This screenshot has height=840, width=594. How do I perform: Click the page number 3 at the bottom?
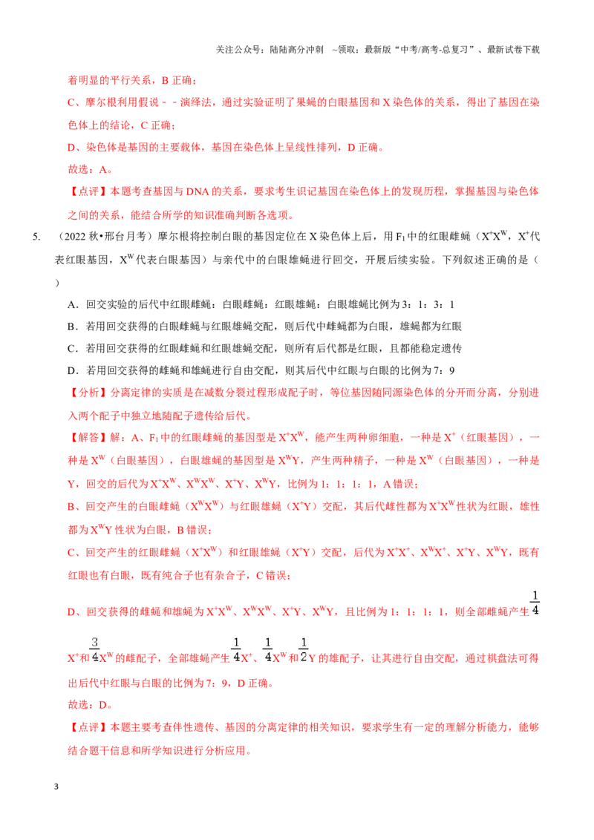[x=56, y=787]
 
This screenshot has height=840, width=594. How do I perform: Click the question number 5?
[x=36, y=237]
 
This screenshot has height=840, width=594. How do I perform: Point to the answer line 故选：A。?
[x=90, y=169]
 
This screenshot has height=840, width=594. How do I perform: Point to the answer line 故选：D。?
[x=90, y=705]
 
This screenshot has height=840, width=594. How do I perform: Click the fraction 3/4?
[x=95, y=650]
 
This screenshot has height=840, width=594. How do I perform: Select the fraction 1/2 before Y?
[x=304, y=650]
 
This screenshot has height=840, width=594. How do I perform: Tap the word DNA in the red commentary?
[x=198, y=191]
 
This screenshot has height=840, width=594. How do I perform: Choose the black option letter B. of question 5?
[x=73, y=327]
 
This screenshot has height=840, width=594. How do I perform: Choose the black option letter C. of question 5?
[x=73, y=349]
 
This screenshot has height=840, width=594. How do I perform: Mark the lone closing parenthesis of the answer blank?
[x=57, y=283]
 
